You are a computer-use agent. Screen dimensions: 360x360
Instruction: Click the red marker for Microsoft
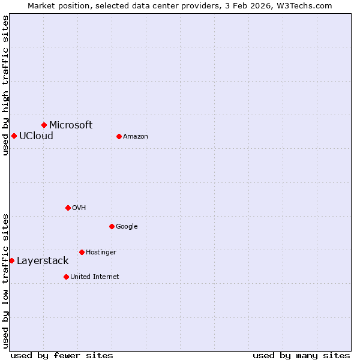[44, 125]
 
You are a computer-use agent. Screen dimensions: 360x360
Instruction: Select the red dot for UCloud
[14, 136]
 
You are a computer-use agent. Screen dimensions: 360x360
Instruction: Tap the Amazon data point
[119, 136]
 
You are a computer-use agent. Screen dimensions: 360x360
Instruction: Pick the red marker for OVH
[68, 208]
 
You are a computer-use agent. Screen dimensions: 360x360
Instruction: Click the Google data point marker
[112, 226]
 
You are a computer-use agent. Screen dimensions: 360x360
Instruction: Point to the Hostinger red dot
[82, 252]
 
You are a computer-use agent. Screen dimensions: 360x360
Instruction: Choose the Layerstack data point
[12, 260]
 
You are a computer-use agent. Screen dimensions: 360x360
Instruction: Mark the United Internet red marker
[66, 277]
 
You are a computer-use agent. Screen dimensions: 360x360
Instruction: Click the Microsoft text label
[71, 125]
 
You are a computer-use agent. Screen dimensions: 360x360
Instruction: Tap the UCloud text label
[36, 136]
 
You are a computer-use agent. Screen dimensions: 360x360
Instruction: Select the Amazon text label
[136, 137]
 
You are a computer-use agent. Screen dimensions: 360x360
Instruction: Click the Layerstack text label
[43, 260]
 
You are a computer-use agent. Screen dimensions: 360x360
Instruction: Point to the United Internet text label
[95, 277]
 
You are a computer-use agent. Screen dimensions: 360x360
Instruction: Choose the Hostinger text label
[101, 252]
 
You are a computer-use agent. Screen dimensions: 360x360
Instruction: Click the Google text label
[127, 226]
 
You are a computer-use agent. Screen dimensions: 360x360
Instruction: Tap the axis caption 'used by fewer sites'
[62, 355]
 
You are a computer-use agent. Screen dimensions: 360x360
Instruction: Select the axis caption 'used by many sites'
[301, 355]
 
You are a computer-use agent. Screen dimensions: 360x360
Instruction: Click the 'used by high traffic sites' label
[5, 85]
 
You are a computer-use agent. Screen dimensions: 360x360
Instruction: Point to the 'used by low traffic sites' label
[5, 280]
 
